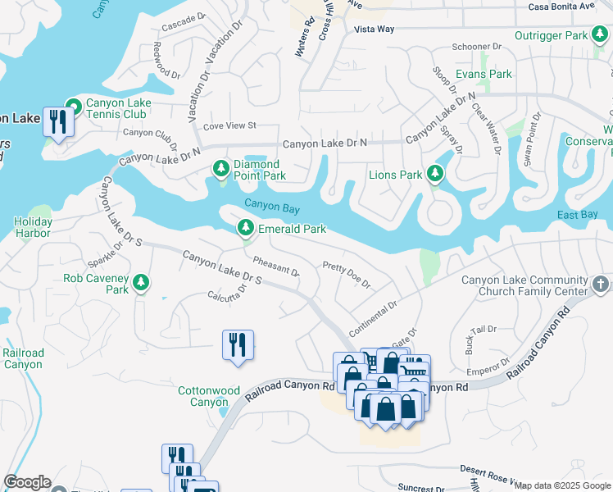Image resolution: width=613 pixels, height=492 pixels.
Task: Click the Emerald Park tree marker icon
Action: click(x=244, y=228)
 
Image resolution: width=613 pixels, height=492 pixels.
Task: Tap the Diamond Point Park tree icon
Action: click(x=220, y=169)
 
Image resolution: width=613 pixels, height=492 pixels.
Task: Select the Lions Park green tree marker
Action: click(x=435, y=174)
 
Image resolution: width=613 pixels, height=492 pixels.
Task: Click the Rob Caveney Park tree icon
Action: click(x=142, y=283)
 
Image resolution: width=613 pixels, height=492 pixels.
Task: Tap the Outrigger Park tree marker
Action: click(x=600, y=35)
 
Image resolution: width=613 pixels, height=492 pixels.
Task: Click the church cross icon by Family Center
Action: click(x=600, y=285)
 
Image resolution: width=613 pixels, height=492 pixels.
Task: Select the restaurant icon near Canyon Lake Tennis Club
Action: click(x=57, y=122)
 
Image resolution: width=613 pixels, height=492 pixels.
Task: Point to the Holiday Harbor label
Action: click(x=33, y=227)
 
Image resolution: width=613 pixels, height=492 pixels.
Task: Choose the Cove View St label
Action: click(x=229, y=126)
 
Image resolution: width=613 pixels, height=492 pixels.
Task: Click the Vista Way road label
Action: click(x=374, y=30)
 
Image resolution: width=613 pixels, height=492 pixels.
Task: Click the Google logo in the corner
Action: click(x=26, y=482)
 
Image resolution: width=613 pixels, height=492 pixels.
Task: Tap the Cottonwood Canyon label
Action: click(x=203, y=396)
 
